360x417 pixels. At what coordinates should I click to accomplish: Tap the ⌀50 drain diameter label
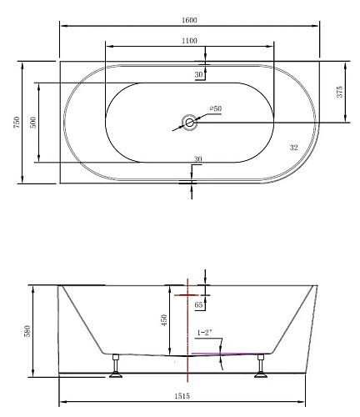tap(215, 108)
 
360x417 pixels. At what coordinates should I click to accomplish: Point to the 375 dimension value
tap(339, 92)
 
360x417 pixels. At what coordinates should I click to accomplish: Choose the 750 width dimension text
tap(9, 123)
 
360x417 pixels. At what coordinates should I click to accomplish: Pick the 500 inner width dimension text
tap(32, 122)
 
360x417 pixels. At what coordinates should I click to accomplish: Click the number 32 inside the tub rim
tap(293, 148)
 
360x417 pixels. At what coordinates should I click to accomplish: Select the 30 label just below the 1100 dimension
tap(199, 75)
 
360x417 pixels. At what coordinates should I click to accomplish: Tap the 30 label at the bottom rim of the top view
tap(197, 159)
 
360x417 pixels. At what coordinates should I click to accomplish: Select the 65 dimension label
tap(199, 306)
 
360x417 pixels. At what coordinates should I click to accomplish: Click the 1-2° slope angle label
tap(205, 334)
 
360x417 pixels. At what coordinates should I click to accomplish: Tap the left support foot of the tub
tap(116, 368)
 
